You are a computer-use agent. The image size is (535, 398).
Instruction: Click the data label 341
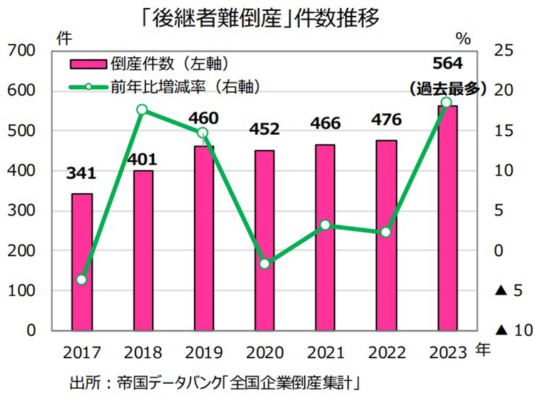pyautogui.click(x=82, y=173)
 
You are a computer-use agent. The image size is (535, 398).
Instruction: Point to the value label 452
pyautogui.click(x=265, y=130)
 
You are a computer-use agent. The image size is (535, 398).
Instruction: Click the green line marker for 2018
pyautogui.click(x=142, y=109)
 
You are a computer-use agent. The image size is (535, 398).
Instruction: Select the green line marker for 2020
pyautogui.click(x=265, y=264)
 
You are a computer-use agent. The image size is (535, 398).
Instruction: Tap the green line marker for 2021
pyautogui.click(x=325, y=225)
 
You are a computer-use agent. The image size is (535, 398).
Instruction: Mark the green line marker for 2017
pyautogui.click(x=82, y=280)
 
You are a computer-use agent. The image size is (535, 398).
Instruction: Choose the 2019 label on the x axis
pyautogui.click(x=203, y=353)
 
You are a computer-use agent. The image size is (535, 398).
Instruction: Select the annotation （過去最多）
pyautogui.click(x=448, y=88)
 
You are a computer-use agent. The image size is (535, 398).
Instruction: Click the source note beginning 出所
pyautogui.click(x=214, y=382)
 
